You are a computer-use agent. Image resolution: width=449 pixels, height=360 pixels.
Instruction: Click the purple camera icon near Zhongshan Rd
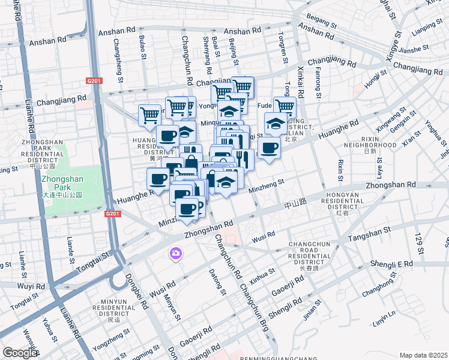[176, 254]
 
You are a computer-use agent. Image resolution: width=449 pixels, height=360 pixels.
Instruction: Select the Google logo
[20, 353]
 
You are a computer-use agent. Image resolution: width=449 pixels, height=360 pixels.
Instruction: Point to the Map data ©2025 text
[423, 355]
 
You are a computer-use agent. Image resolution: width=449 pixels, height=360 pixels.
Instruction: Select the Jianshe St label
[412, 49]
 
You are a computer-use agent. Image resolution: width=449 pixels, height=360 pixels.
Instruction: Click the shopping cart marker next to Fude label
[285, 108]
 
